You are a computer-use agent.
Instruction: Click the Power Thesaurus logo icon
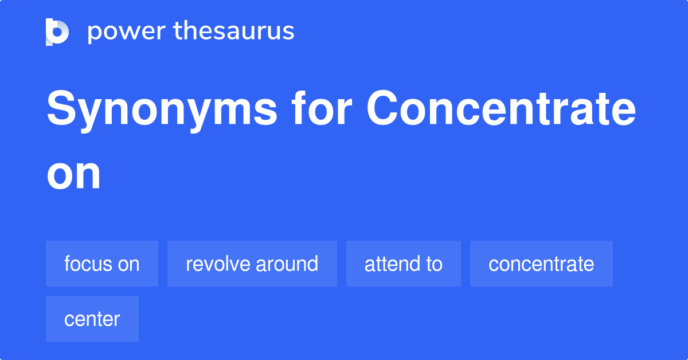[x=57, y=32]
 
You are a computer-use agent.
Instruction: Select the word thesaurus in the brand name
[x=234, y=32]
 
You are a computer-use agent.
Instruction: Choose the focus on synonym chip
[x=102, y=264]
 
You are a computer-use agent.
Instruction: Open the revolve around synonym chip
[x=252, y=264]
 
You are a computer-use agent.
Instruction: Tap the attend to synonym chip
[x=404, y=264]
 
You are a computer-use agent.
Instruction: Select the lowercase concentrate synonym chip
[x=541, y=264]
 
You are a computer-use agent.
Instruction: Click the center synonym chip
[x=92, y=319]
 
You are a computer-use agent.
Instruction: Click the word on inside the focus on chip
[x=128, y=264]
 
